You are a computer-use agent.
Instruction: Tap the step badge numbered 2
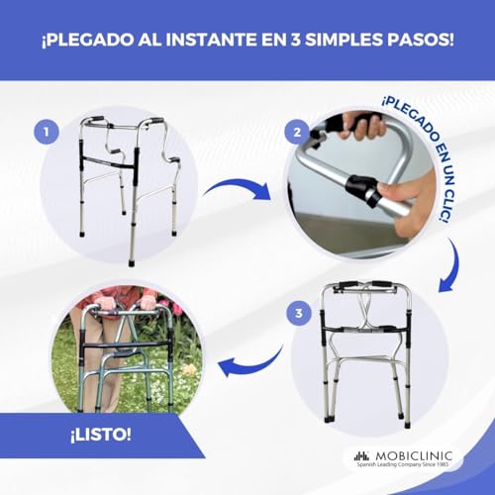click(293, 132)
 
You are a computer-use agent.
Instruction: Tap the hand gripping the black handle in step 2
click(363, 126)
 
